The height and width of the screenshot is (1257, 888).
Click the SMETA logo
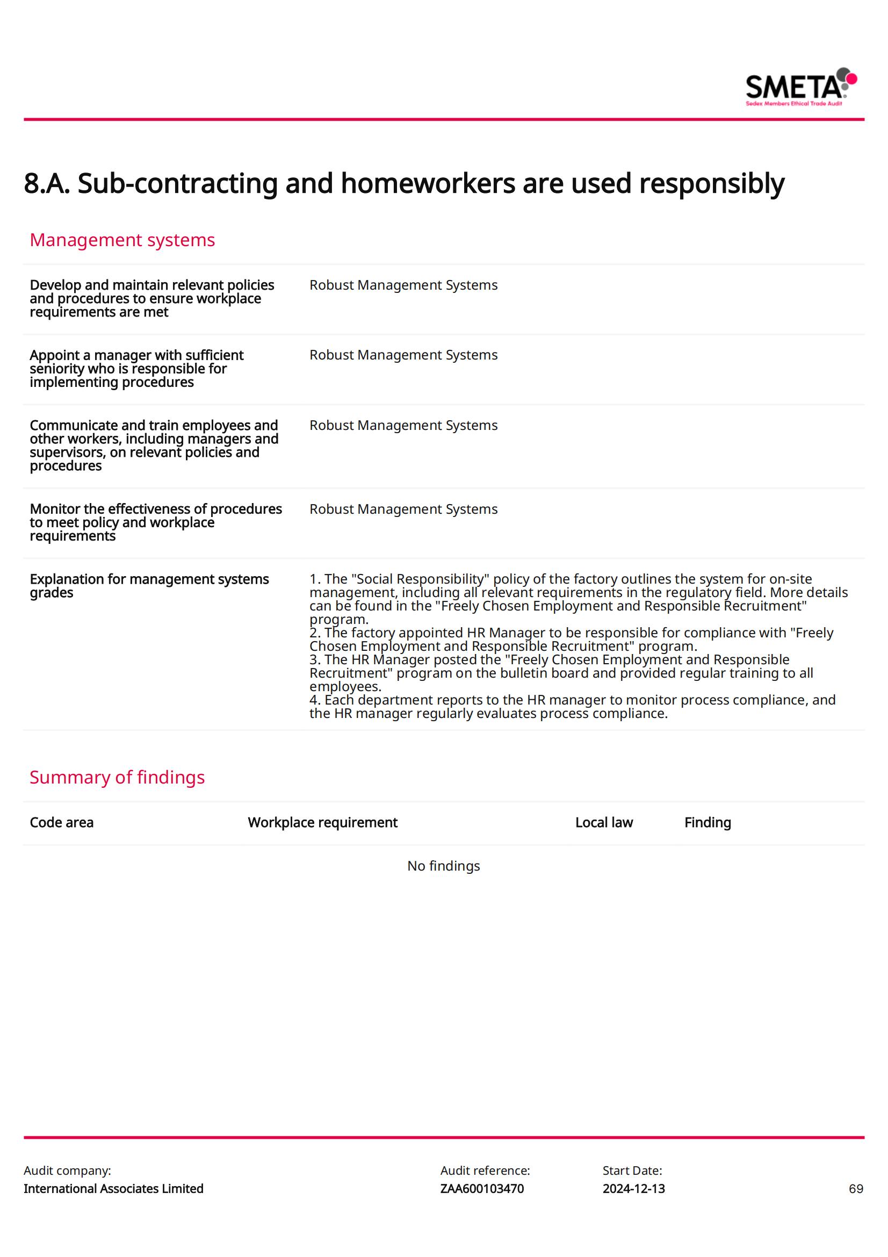coord(800,87)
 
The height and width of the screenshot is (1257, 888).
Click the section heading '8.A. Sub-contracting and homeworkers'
coord(404,183)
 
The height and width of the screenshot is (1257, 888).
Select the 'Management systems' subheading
coord(122,240)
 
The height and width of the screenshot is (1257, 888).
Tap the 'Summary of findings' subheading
coord(117,778)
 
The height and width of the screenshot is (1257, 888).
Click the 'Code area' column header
coord(61,823)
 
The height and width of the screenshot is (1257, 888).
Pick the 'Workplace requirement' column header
coord(322,823)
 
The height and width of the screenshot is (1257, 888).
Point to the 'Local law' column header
coord(603,823)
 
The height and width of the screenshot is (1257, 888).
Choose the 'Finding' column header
coord(707,823)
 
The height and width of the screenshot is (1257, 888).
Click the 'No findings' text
coord(443,866)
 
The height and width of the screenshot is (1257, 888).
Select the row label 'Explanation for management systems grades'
coord(149,586)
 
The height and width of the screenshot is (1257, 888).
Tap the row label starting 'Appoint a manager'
coord(136,369)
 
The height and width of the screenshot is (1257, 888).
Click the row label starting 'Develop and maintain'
coord(151,298)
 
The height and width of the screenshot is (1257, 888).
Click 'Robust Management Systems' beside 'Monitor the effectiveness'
coord(403,509)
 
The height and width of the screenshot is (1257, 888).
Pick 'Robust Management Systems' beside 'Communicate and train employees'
coord(403,426)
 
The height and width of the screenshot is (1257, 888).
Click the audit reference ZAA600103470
coord(481,1189)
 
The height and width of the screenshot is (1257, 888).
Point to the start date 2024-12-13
coord(633,1189)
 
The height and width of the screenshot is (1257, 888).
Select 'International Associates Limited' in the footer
coord(113,1189)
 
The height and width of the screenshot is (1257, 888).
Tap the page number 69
coord(856,1189)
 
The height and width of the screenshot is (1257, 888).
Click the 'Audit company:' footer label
coord(67,1170)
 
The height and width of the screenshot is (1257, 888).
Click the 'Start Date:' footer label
coord(632,1170)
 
